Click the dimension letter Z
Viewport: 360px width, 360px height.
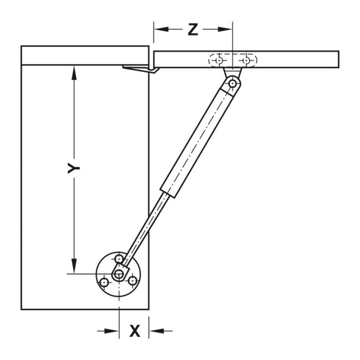[193, 30]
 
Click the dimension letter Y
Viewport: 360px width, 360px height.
[74, 168]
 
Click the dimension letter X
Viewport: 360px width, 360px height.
[135, 331]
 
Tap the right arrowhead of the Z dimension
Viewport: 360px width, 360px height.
[225, 30]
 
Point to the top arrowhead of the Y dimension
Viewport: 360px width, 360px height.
[74, 73]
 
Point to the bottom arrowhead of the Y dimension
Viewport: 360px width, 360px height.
[74, 266]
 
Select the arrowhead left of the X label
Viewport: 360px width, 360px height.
[112, 331]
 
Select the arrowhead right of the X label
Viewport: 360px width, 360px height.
[157, 331]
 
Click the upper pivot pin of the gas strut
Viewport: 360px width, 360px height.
[233, 83]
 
